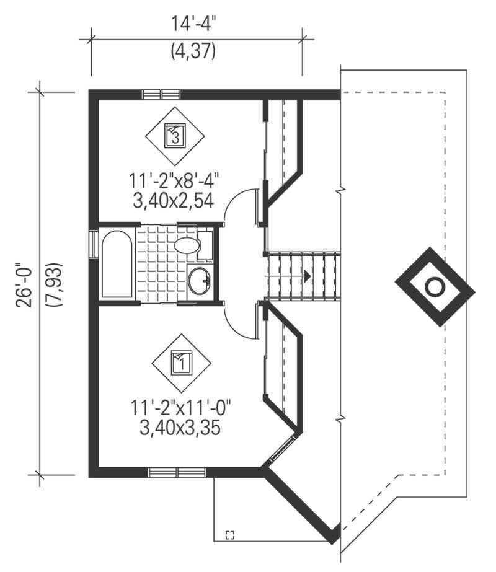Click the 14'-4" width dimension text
tap(196, 25)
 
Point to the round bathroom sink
tap(200, 281)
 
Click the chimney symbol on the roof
tap(435, 286)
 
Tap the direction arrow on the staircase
tap(306, 275)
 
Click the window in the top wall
tap(161, 95)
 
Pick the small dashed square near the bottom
tap(231, 535)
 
